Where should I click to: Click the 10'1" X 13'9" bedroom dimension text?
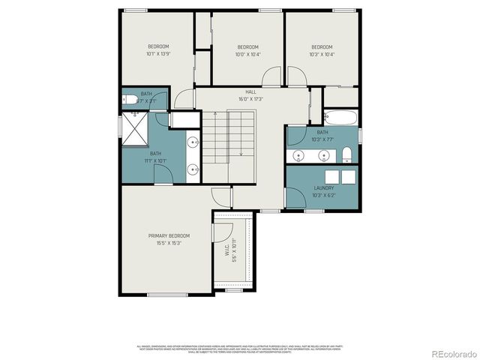[158, 53]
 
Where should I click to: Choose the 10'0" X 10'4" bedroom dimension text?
[247, 53]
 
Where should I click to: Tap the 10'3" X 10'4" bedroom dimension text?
[322, 53]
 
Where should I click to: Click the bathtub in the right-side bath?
[340, 116]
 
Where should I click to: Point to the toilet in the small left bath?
[128, 100]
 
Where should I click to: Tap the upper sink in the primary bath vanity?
[193, 141]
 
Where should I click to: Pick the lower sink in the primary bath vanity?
[193, 169]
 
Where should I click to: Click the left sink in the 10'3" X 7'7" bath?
[300, 156]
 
